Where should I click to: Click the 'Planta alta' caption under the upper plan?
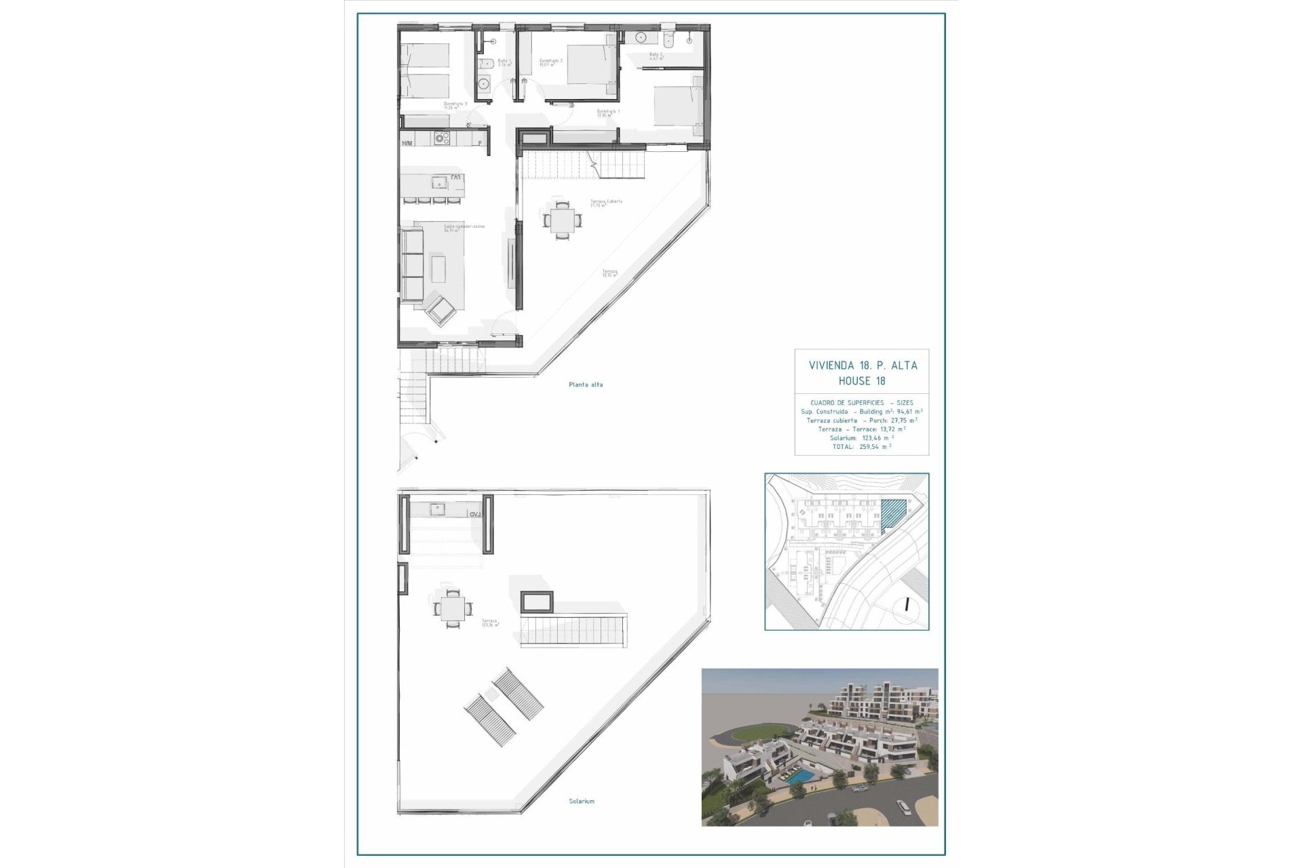pyautogui.click(x=586, y=384)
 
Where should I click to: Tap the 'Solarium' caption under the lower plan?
pyautogui.click(x=582, y=801)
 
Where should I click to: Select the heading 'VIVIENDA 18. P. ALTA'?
pyautogui.click(x=863, y=366)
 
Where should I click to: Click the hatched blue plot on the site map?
pyautogui.click(x=894, y=513)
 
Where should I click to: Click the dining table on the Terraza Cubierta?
pyautogui.click(x=562, y=220)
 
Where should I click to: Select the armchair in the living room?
pyautogui.click(x=441, y=311)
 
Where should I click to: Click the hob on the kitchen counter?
pyautogui.click(x=442, y=138)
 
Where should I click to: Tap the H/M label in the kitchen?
pyautogui.click(x=407, y=143)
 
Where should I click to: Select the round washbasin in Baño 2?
pyautogui.click(x=641, y=38)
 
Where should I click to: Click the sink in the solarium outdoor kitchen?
pyautogui.click(x=436, y=508)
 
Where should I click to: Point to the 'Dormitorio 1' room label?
pyautogui.click(x=608, y=111)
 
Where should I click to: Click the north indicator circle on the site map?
pyautogui.click(x=906, y=604)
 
